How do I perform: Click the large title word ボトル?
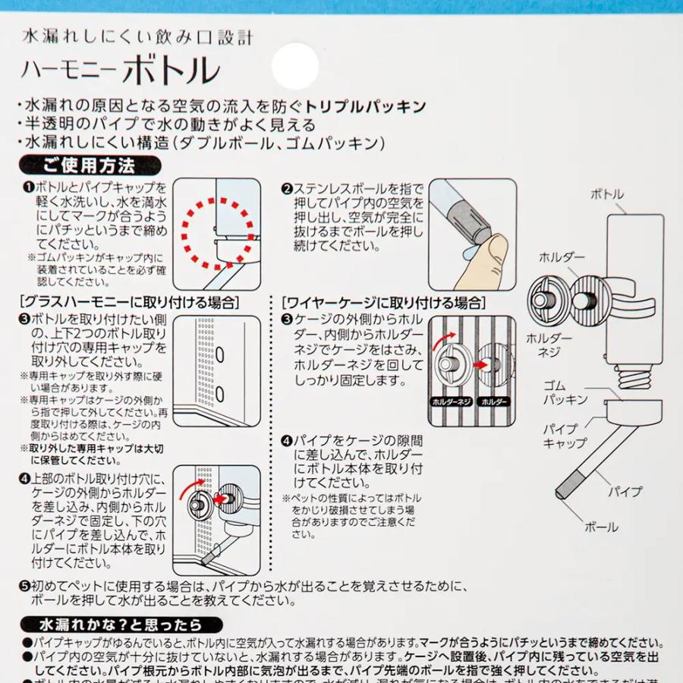pyautogui.click(x=171, y=71)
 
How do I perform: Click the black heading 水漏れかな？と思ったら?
pyautogui.click(x=112, y=625)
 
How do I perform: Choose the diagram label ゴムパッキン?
pyautogui.click(x=565, y=392)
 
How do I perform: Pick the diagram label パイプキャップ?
pyautogui.click(x=564, y=436)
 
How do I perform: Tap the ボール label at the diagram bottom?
pyautogui.click(x=601, y=527)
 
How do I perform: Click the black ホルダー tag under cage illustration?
pyautogui.click(x=493, y=401)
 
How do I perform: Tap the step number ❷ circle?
pyautogui.click(x=287, y=189)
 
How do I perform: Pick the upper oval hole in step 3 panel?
pyautogui.click(x=219, y=354)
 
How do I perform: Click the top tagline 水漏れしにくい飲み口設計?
pyautogui.click(x=138, y=36)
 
